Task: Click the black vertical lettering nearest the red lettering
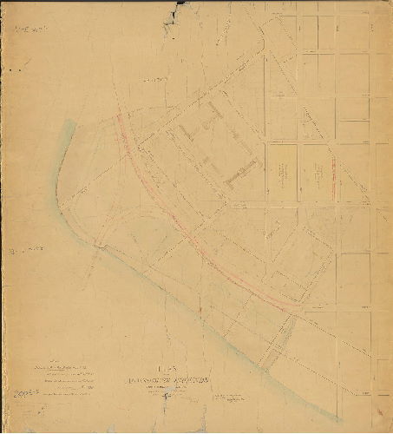pos(304,174)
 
